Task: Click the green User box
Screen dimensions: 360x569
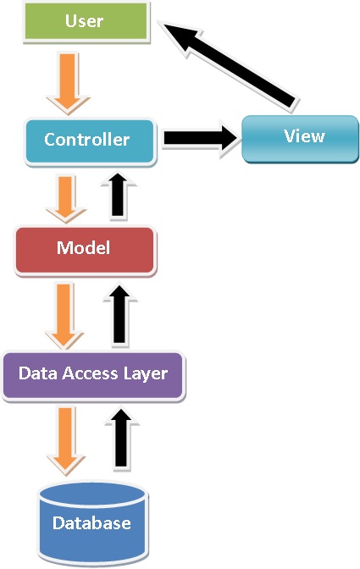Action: [x=86, y=22]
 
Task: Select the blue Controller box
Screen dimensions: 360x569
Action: [x=91, y=141]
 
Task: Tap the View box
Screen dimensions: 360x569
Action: [x=300, y=139]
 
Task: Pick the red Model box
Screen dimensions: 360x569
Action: [x=86, y=251]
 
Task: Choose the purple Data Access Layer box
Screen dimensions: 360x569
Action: [x=93, y=376]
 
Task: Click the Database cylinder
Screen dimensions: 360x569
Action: [x=93, y=523]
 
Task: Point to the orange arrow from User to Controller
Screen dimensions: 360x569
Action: [x=68, y=84]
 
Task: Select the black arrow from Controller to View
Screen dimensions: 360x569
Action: [x=199, y=138]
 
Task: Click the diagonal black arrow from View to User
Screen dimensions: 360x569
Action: [x=229, y=66]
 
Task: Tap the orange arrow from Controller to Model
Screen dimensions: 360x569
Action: [x=66, y=199]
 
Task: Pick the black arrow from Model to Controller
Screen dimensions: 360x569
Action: [x=119, y=195]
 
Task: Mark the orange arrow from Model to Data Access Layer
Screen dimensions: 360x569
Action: [x=64, y=316]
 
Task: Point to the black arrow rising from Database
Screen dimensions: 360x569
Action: [x=122, y=439]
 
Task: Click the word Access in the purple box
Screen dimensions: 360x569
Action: [x=90, y=373]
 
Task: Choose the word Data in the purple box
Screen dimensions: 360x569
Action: [x=38, y=373]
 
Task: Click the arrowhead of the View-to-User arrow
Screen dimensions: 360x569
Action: [x=180, y=36]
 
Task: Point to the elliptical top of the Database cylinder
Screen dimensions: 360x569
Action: [x=93, y=494]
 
